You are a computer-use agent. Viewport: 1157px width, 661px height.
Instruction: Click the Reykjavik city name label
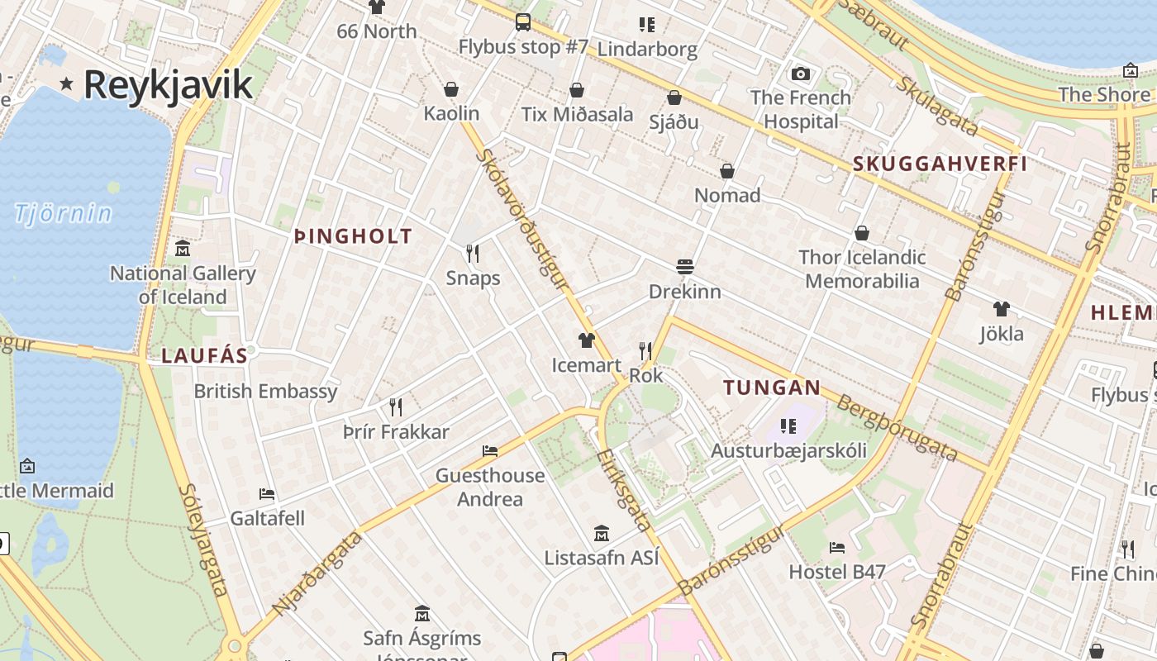pos(168,85)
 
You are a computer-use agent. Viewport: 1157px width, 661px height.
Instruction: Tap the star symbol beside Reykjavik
pos(67,83)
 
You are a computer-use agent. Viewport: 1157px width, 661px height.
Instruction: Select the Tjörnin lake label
pos(63,213)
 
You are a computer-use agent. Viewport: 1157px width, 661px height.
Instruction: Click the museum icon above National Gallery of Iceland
pos(183,248)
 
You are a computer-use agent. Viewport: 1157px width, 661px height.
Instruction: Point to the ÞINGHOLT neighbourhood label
pos(353,237)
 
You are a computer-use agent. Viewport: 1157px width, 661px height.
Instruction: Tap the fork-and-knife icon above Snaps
pos(473,253)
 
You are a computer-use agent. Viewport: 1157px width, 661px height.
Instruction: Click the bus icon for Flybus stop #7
pos(523,22)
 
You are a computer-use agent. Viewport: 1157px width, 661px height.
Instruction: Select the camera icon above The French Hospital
pos(800,74)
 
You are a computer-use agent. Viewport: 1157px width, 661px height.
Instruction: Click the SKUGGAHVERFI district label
pos(940,164)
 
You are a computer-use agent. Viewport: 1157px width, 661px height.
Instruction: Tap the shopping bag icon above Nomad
pos(727,171)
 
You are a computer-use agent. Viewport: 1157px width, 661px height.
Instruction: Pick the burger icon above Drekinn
pos(684,267)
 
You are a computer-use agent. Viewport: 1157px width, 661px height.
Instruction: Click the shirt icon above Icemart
pos(586,340)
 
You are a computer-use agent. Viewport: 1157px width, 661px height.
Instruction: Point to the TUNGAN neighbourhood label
pos(772,388)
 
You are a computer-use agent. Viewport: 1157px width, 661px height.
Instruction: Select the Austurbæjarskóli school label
pos(788,450)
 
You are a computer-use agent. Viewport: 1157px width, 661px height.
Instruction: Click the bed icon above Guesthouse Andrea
pos(490,451)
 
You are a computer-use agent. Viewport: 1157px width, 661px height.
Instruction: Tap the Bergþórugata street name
pos(896,428)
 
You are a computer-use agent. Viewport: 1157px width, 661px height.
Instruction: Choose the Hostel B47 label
pos(836,572)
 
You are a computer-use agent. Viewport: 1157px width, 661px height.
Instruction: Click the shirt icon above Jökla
pos(1001,309)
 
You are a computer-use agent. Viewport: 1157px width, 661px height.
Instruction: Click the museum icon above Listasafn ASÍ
pos(602,533)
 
